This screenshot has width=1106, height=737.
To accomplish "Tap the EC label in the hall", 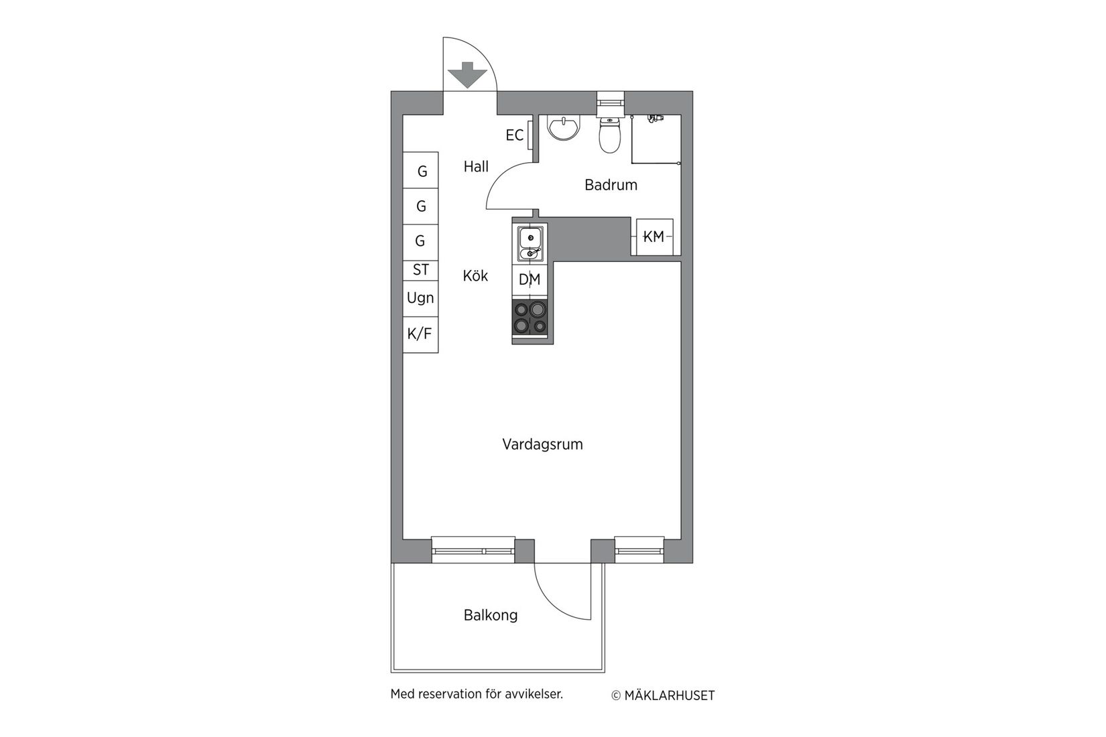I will click(514, 135).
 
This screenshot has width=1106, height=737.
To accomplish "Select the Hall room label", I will click(476, 166).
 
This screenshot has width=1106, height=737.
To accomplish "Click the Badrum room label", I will click(611, 185).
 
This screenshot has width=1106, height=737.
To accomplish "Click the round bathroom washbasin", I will click(563, 128).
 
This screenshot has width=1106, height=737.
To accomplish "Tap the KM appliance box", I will click(654, 237).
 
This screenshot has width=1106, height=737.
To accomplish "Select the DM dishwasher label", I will click(530, 280).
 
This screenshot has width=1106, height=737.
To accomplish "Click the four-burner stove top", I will click(530, 318).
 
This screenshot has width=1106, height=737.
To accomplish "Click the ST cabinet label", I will click(420, 270).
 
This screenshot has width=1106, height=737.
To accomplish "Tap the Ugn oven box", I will click(420, 297).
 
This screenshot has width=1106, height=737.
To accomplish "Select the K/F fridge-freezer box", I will click(420, 333).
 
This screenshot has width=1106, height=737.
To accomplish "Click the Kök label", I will click(475, 275).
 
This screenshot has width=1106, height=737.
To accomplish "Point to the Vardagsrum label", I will click(542, 444).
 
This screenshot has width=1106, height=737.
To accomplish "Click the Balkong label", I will click(491, 615).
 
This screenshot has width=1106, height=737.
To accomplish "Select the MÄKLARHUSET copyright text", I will click(669, 695).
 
